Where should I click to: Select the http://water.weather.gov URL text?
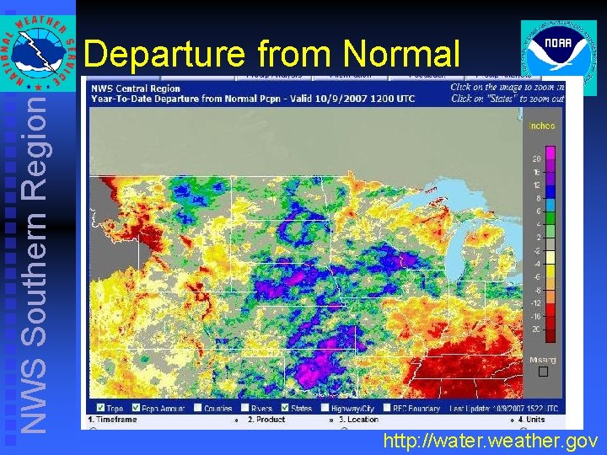(x=490, y=440)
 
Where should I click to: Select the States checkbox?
(x=284, y=408)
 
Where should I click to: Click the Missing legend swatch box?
(x=543, y=372)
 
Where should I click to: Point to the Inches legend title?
(x=541, y=126)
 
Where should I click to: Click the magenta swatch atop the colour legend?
(x=551, y=153)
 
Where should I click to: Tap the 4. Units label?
(x=532, y=418)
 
